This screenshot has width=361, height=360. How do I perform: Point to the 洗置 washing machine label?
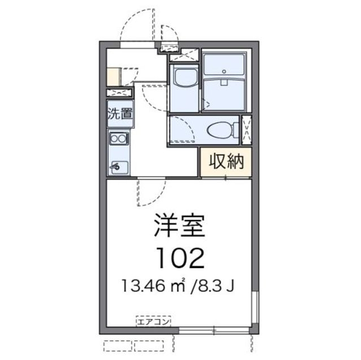click(119, 112)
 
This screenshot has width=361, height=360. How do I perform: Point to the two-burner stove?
click(119, 138)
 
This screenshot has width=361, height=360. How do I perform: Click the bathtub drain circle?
click(224, 72)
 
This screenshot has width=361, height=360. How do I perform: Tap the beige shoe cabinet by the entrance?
click(112, 76)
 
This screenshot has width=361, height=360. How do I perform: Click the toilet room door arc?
click(183, 132)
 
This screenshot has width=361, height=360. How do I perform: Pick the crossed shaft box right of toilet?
click(246, 130)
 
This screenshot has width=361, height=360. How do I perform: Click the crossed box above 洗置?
click(119, 93)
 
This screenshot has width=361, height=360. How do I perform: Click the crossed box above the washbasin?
click(185, 55)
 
